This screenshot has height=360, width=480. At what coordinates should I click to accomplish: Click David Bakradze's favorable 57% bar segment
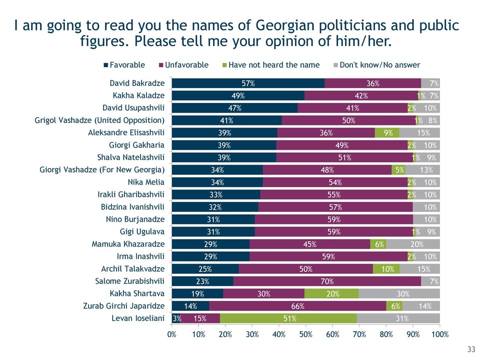[248, 83]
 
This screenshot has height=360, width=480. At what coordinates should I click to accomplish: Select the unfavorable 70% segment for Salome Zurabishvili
[327, 281]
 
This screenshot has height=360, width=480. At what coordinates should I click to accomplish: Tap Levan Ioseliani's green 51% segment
[287, 318]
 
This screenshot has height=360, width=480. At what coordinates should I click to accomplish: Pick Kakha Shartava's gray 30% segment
[399, 293]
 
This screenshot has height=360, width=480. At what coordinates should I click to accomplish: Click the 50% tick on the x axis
[306, 334]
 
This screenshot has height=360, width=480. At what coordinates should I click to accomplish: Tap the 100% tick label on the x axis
[439, 334]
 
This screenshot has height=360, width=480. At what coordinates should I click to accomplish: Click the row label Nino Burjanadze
[136, 219]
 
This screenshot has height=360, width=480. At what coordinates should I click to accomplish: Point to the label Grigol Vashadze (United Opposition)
[99, 120]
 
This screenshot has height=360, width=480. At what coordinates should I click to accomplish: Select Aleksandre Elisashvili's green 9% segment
[387, 132]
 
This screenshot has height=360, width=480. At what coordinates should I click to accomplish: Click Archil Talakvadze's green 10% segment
[386, 268]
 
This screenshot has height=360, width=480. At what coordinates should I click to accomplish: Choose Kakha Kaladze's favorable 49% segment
[238, 95]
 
